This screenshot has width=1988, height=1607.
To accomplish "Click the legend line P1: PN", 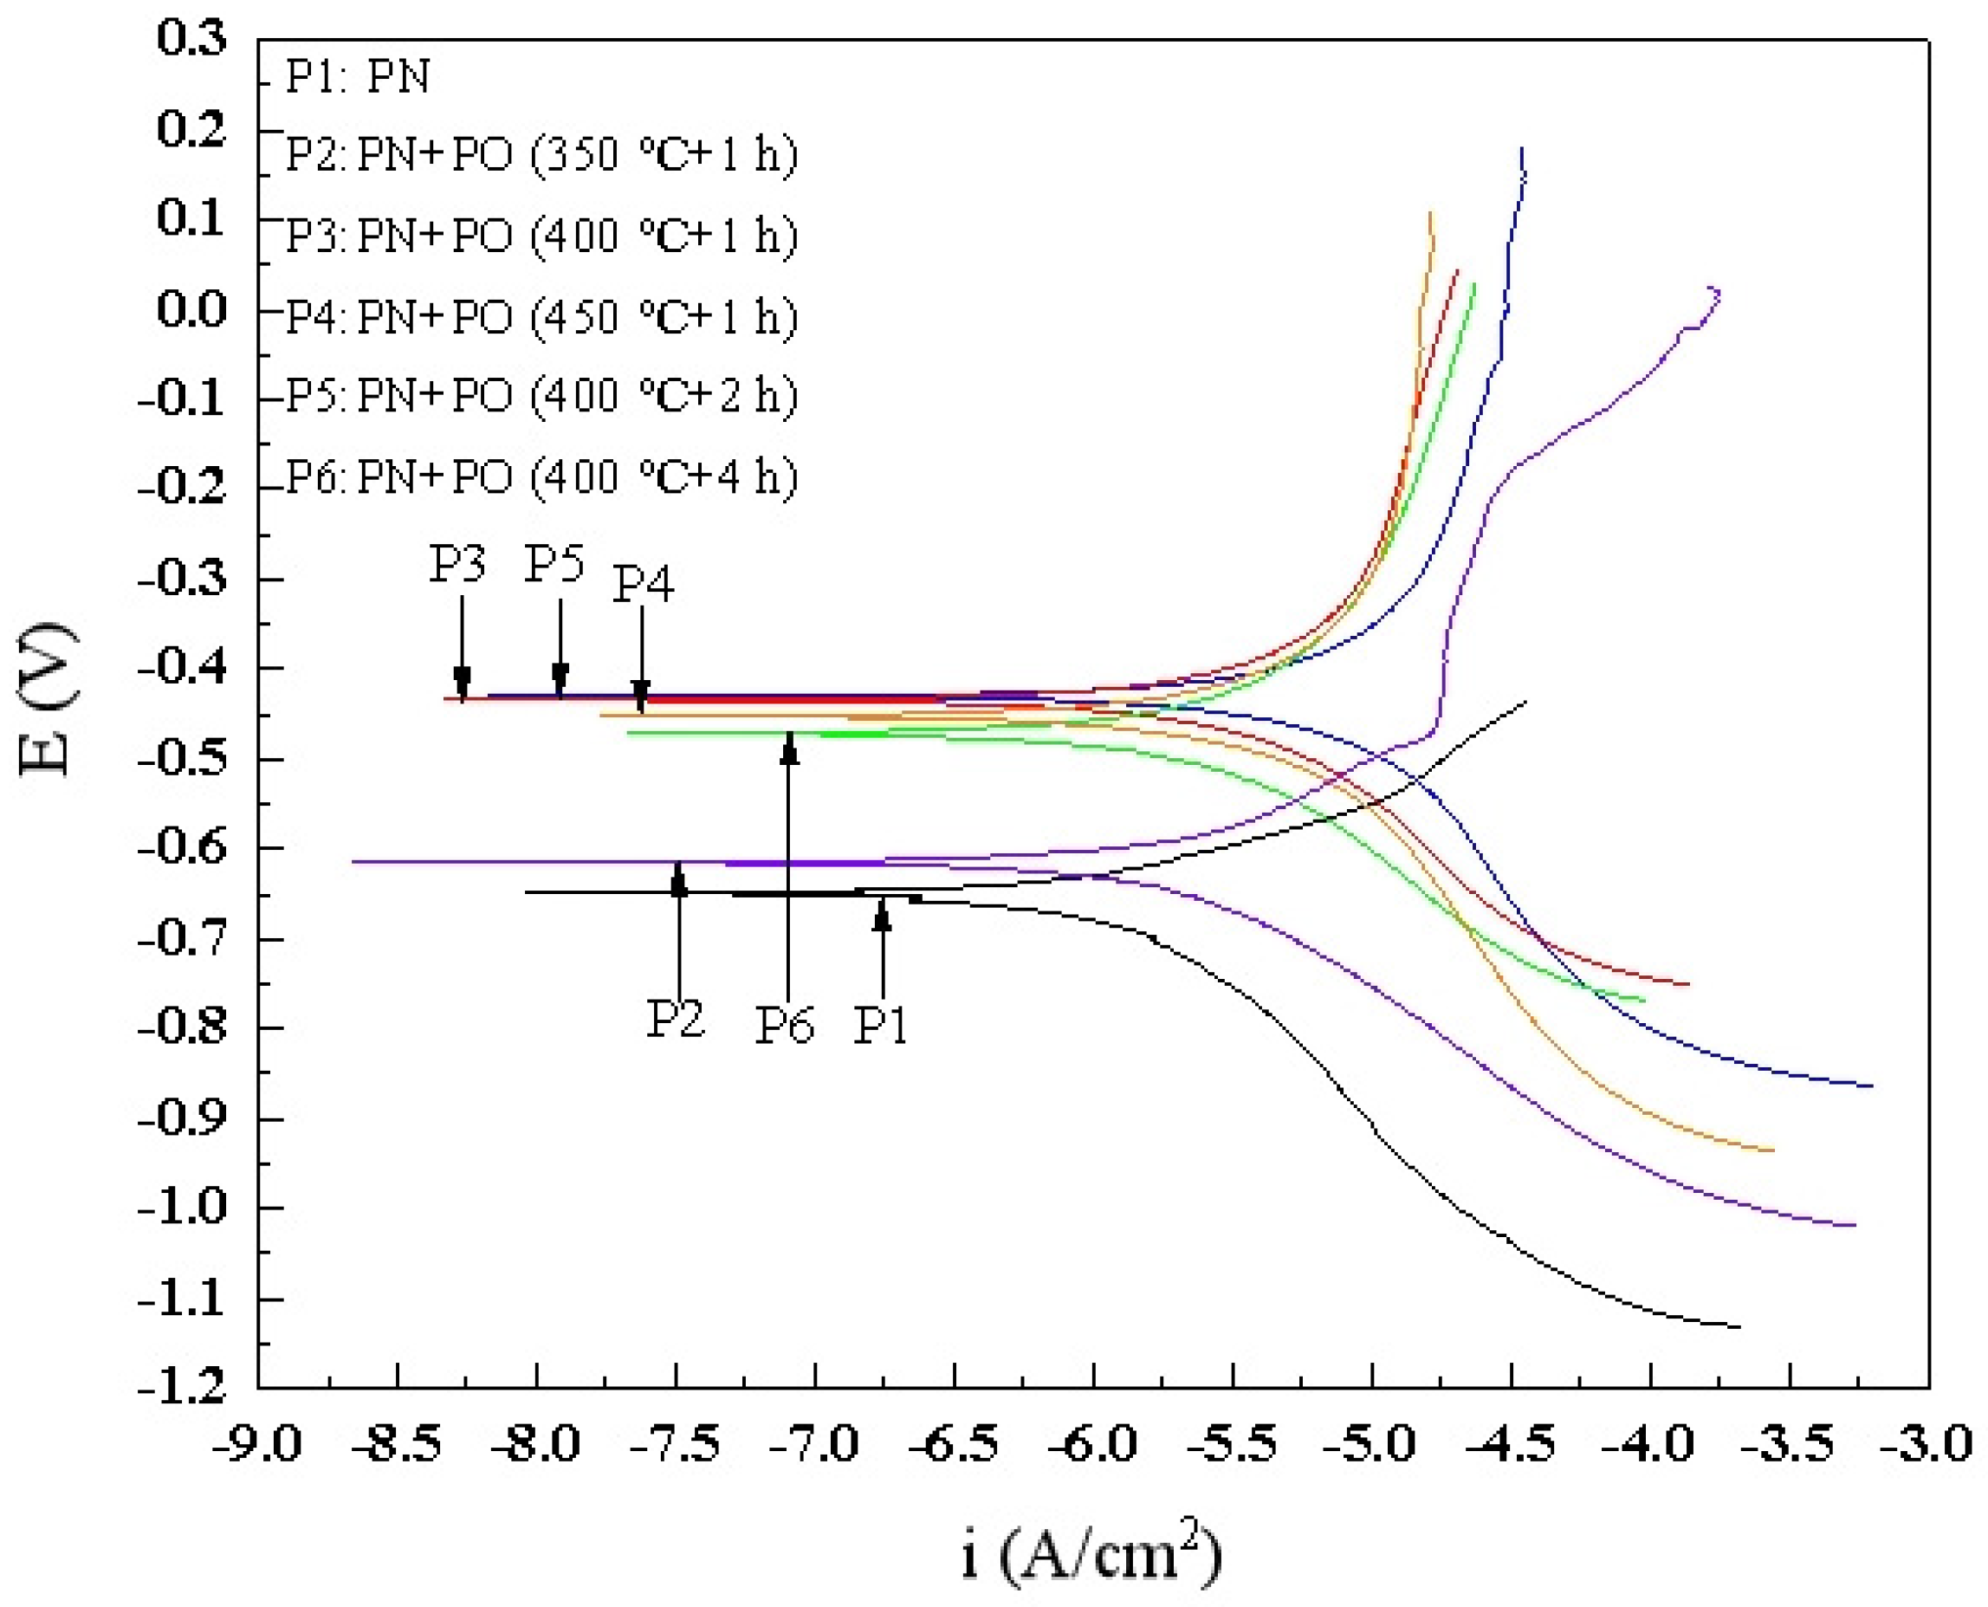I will (x=357, y=76).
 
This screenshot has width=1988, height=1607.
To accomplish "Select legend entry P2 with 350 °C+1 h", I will (x=541, y=153).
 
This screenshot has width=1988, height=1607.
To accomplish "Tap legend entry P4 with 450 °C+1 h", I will (x=541, y=316).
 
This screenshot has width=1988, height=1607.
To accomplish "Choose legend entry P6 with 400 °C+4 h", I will (x=541, y=477).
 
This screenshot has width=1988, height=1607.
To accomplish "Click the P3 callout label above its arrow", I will (x=457, y=562).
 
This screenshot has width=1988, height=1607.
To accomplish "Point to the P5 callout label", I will (x=554, y=562).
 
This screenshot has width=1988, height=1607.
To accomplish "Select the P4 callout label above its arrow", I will (x=644, y=583).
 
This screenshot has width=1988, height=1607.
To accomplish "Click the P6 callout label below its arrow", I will (x=785, y=1025).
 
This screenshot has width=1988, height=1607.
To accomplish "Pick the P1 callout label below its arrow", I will (x=880, y=1025).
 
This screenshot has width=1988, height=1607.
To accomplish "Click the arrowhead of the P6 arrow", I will (x=788, y=746).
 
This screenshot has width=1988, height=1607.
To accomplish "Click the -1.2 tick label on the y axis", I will (x=181, y=1387).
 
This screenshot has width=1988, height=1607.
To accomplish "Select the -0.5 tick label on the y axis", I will (x=181, y=759).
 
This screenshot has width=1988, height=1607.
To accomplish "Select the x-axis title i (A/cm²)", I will (x=1091, y=1555).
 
